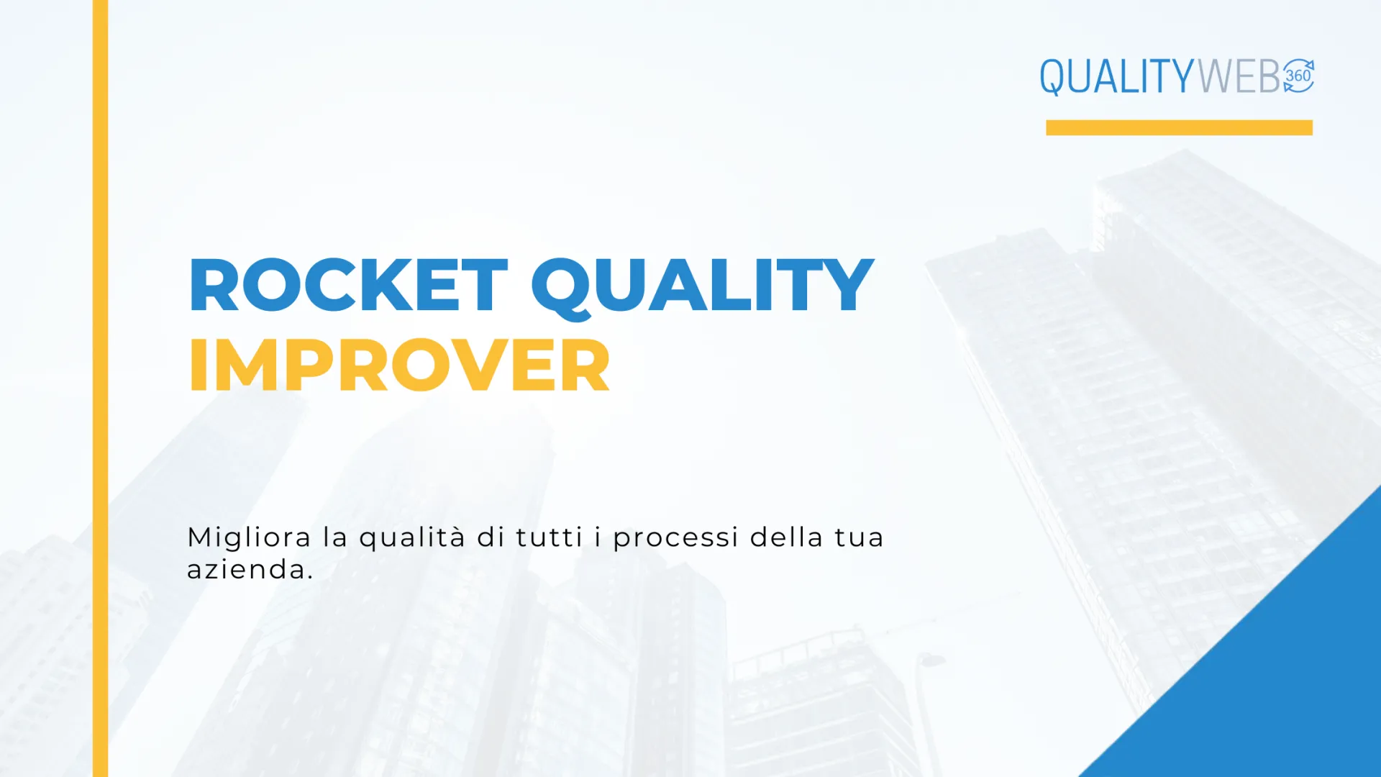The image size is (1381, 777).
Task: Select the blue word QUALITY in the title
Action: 703,288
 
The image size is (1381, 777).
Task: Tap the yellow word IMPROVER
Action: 399,365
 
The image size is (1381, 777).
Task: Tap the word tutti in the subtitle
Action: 549,537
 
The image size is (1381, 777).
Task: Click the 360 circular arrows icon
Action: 1298,76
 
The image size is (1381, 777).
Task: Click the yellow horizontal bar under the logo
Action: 1179,127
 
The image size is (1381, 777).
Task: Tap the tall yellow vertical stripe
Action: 100,388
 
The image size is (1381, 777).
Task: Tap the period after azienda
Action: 310,577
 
